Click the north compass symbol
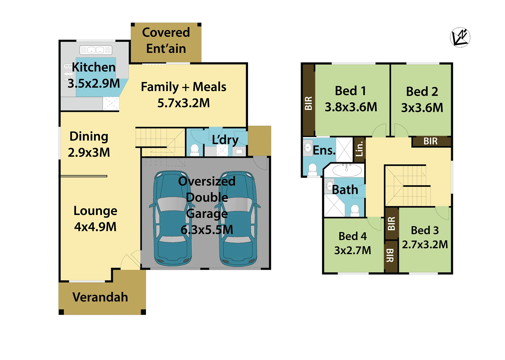[460, 37]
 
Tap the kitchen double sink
[96, 50]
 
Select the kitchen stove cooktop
[68, 72]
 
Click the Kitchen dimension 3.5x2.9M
[94, 83]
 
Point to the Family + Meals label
[184, 87]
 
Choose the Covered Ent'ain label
[166, 41]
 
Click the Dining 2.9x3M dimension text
[89, 152]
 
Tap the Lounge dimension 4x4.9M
[95, 227]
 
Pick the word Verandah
[100, 297]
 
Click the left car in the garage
[172, 218]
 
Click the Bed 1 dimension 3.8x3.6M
[351, 107]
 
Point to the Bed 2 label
[422, 92]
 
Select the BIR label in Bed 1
[308, 103]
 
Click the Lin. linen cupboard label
[359, 149]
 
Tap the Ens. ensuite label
[324, 150]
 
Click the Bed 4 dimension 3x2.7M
[353, 250]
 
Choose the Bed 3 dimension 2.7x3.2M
[425, 244]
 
